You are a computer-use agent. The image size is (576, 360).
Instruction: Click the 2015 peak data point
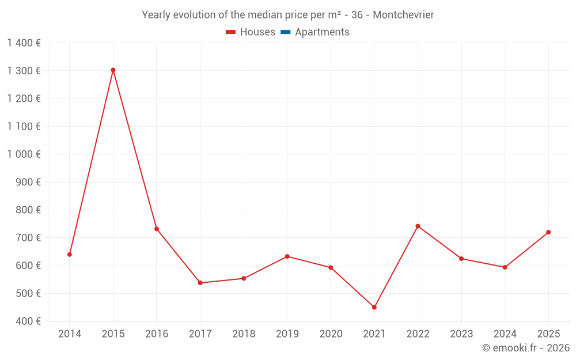[113, 70]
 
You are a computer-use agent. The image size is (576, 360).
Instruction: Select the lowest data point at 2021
[374, 307]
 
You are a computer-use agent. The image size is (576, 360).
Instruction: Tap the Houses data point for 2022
[418, 226]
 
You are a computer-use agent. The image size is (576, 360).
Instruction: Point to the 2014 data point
[70, 254]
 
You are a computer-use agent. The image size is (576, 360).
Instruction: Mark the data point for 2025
[548, 232]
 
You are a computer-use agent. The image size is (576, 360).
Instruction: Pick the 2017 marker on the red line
[200, 283]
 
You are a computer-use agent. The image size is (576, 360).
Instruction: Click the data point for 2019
[287, 256]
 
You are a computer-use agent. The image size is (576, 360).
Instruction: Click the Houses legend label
[257, 32]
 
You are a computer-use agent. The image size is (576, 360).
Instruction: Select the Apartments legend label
[322, 32]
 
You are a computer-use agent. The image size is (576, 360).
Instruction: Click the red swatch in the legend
[230, 32]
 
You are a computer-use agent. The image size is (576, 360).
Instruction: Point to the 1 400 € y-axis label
[24, 43]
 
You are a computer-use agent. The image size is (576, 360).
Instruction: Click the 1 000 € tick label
[24, 154]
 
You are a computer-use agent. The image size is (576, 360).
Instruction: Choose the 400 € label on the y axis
[27, 321]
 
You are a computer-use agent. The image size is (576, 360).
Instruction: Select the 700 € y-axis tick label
[27, 237]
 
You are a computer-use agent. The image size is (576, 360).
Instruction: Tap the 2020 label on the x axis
[331, 334]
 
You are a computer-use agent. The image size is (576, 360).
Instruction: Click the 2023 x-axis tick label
[461, 334]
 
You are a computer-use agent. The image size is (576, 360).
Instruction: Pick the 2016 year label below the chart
[157, 334]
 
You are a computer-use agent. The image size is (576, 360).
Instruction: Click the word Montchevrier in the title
[403, 14]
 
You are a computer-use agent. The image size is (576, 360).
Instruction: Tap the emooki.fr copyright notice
[525, 348]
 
